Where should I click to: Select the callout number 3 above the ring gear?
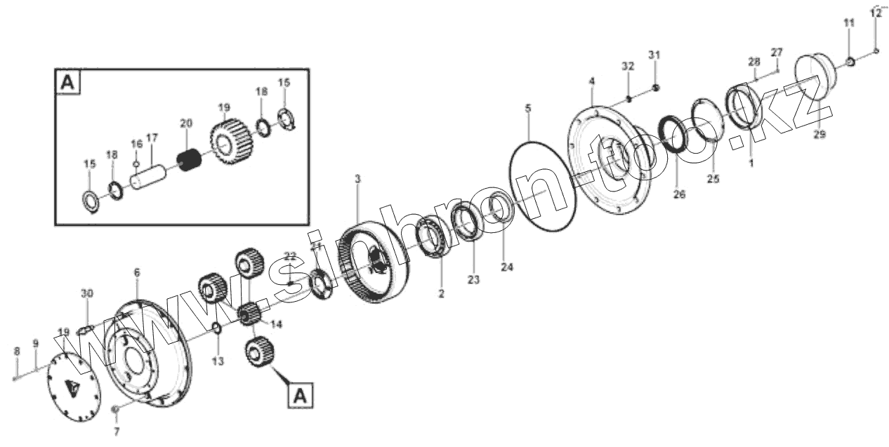click(x=357, y=180)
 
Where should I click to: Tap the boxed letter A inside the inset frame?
click(x=67, y=83)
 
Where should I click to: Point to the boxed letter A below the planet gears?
click(x=300, y=396)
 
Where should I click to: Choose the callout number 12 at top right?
click(x=875, y=12)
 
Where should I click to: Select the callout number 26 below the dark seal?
click(x=679, y=194)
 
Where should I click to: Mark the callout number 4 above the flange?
click(x=592, y=82)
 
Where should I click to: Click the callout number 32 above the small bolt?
click(x=628, y=66)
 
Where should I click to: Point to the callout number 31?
click(x=654, y=55)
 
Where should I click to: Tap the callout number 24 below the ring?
click(x=508, y=267)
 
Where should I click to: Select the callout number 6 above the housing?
click(x=137, y=271)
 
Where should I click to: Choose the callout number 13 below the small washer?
click(x=218, y=361)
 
